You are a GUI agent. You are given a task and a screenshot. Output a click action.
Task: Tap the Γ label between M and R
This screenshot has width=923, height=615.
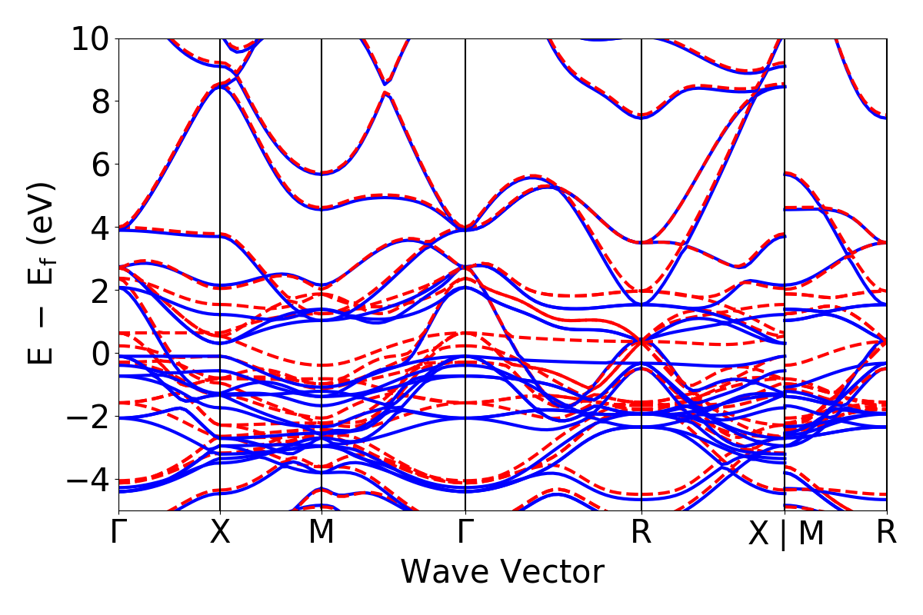click(x=465, y=532)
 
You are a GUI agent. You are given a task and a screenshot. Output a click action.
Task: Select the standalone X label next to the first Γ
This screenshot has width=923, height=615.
click(x=221, y=532)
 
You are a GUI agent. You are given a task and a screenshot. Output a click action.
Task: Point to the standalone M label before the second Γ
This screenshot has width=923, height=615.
click(x=322, y=532)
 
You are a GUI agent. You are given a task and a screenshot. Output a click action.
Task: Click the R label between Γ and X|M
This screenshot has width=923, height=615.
click(x=641, y=532)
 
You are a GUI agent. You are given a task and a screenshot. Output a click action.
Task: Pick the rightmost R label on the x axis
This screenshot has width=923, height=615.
click(x=887, y=532)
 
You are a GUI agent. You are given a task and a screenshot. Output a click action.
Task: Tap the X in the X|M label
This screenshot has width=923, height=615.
click(x=759, y=534)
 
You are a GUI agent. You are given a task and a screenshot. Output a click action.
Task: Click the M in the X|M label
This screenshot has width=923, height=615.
click(x=811, y=534)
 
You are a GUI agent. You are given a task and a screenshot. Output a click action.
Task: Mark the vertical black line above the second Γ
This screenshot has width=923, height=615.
click(x=465, y=231)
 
